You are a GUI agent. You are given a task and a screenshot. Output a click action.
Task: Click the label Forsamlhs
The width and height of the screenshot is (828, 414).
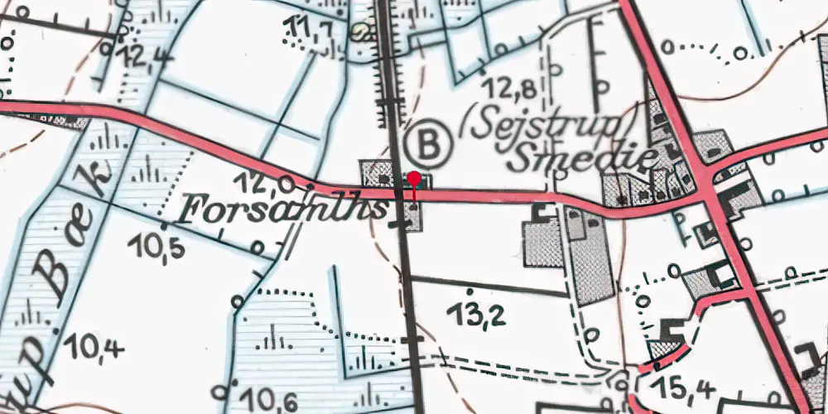tap(282, 210)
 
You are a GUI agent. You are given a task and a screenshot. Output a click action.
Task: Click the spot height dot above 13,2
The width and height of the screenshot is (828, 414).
tap(469, 291)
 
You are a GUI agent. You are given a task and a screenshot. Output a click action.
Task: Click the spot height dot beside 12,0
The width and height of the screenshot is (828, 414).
tap(310, 184)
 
